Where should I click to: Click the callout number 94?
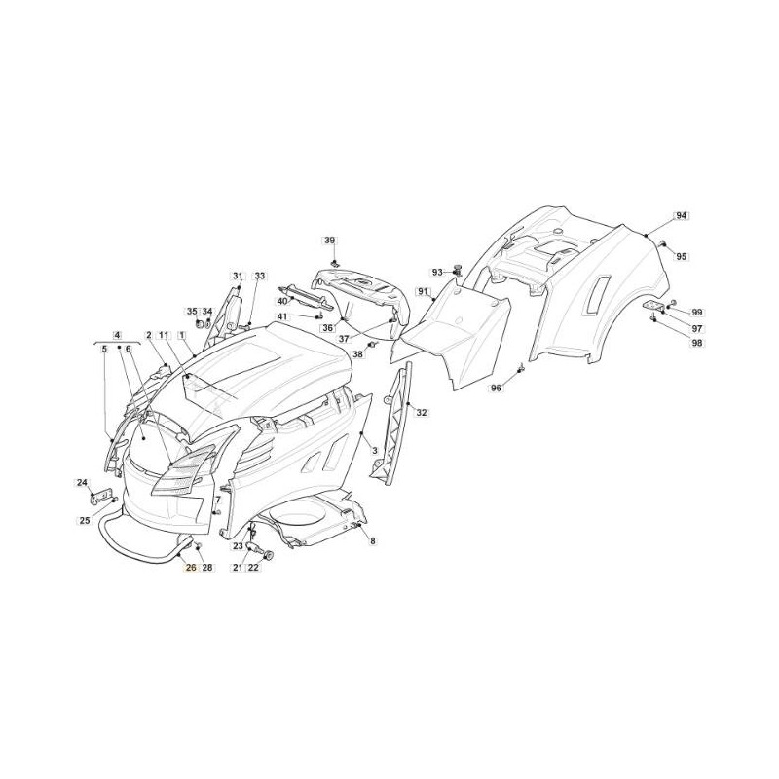(x=681, y=215)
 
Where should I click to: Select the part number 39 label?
(x=330, y=241)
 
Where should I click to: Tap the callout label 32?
(x=422, y=412)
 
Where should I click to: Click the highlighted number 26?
(x=191, y=568)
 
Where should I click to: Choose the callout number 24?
(x=82, y=482)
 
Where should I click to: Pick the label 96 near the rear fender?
(x=496, y=388)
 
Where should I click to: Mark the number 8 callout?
(x=373, y=541)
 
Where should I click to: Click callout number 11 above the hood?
(x=164, y=335)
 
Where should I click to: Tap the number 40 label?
(x=282, y=301)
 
